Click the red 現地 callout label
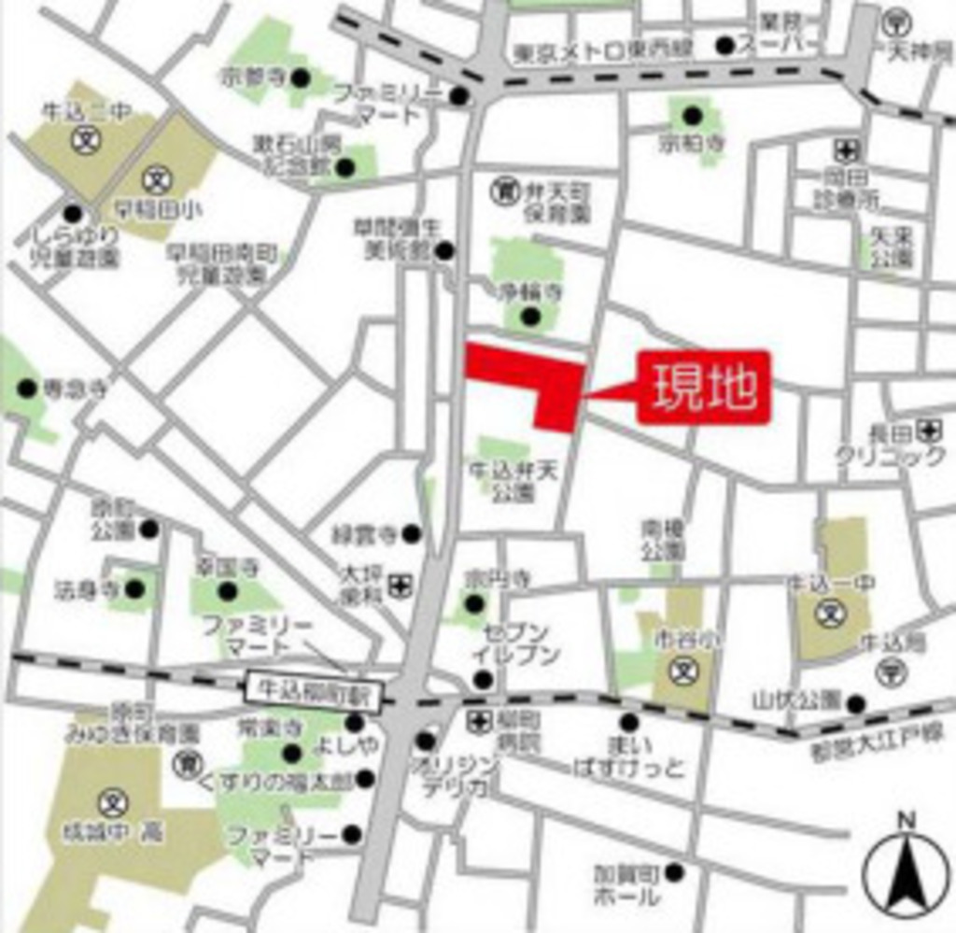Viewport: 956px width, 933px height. pos(704,388)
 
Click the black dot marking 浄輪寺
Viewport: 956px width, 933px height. pos(530,317)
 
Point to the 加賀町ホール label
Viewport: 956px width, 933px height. pos(626,884)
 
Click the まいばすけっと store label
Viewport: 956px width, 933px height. pos(633,756)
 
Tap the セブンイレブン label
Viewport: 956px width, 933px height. pos(514,643)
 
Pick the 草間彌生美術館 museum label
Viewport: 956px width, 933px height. pos(392,238)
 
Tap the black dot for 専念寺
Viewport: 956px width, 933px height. pos(27,389)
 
